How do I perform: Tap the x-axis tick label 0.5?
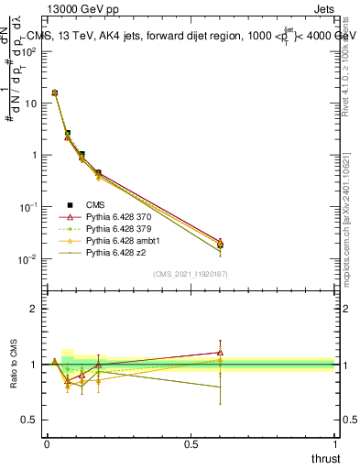[191, 443]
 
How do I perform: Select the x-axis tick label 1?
[334, 443]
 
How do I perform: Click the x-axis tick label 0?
[47, 443]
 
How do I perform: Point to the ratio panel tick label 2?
[35, 309]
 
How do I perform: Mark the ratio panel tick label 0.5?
[30, 420]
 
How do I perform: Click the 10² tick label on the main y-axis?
[30, 51]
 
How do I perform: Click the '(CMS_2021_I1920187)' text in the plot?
[191, 274]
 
